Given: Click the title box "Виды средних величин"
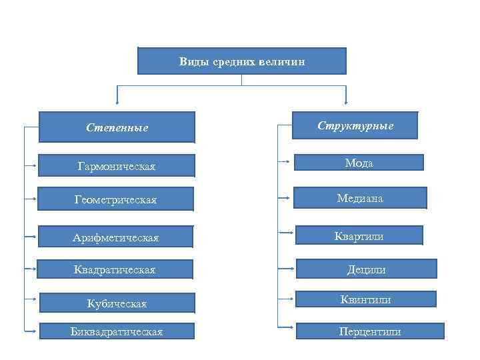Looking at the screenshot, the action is pyautogui.click(x=242, y=61).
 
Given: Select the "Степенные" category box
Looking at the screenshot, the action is pyautogui.click(x=117, y=127).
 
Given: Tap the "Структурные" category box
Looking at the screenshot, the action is pyautogui.click(x=355, y=125).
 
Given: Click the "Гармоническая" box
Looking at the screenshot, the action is pyautogui.click(x=116, y=166).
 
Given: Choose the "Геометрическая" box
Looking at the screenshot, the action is pyautogui.click(x=116, y=199).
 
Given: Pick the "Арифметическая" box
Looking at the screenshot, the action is pyautogui.click(x=116, y=237).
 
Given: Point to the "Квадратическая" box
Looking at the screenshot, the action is pyautogui.click(x=116, y=269).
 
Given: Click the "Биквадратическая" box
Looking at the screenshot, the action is pyautogui.click(x=116, y=331).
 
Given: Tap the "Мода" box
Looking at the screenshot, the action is pyautogui.click(x=359, y=163).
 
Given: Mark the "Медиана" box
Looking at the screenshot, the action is pyautogui.click(x=360, y=198).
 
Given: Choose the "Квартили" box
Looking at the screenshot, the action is pyautogui.click(x=359, y=235).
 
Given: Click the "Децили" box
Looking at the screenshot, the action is pyautogui.click(x=366, y=269).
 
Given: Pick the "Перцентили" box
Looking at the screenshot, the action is pyautogui.click(x=369, y=331).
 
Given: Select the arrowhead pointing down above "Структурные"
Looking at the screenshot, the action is pyautogui.click(x=346, y=102).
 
